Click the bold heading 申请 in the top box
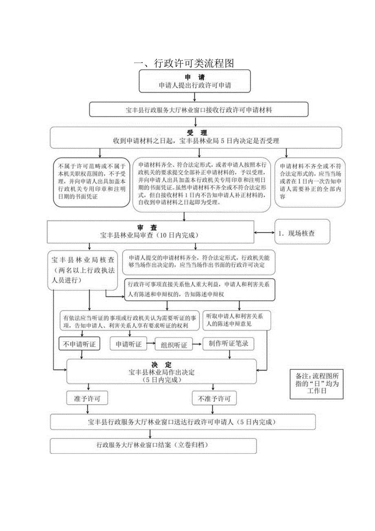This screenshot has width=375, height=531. point(195,77)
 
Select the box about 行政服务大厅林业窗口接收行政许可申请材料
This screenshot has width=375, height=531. point(199,110)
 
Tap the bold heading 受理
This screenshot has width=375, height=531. point(197,133)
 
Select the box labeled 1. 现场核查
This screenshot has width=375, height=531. point(302,233)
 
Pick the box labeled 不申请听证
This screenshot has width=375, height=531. point(80,344)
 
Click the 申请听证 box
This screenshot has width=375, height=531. point(129,344)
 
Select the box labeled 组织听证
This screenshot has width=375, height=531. point(173,345)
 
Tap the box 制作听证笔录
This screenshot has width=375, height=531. point(228,344)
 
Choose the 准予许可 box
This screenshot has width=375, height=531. point(87,398)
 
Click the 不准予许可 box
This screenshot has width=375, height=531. point(214,398)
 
